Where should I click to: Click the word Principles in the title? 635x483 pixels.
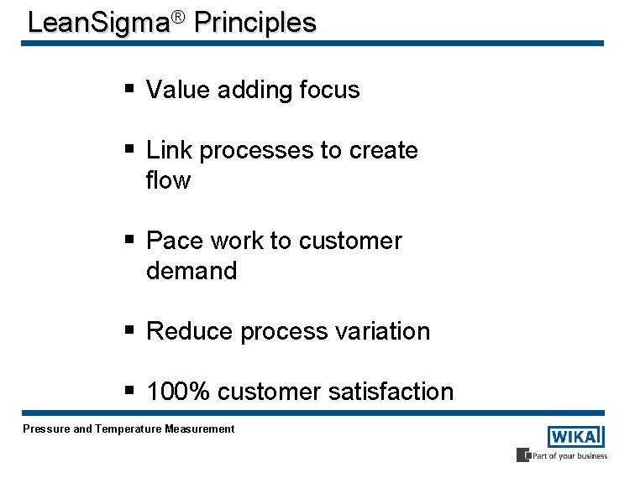coord(255,22)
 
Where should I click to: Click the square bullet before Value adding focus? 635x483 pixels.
coord(130,88)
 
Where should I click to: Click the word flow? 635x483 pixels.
coord(168,180)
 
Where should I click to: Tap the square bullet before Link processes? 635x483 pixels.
coord(130,148)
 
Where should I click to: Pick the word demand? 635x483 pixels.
coord(192,271)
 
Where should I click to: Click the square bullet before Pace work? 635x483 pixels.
coord(130,239)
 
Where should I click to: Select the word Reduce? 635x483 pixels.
coord(189,331)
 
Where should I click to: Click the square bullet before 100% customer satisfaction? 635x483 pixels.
coord(130,390)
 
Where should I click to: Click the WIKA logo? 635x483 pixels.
coord(575,437)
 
